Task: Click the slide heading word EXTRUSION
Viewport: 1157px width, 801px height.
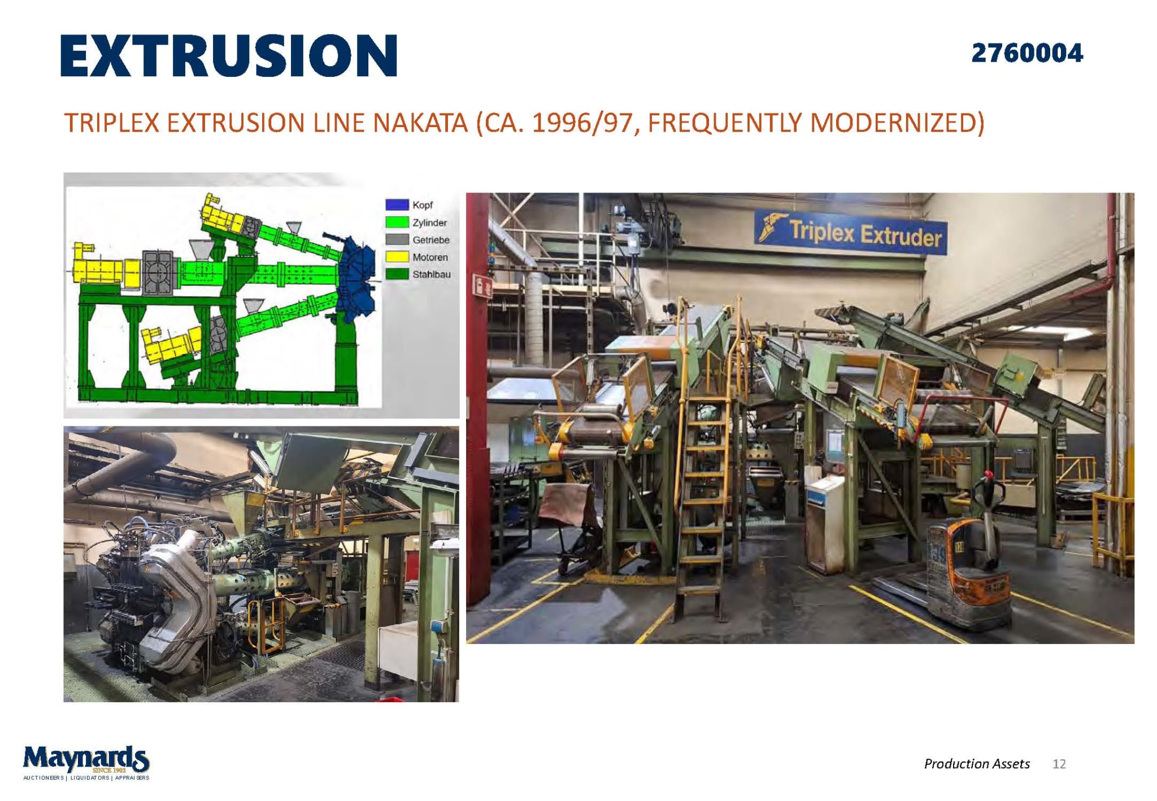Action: pos(229,55)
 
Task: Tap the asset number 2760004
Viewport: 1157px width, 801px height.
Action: pos(1027,53)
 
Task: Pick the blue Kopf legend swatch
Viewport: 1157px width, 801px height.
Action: pos(397,204)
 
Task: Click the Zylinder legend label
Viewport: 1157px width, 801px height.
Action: pos(429,223)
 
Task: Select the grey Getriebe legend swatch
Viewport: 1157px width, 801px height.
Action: pos(397,240)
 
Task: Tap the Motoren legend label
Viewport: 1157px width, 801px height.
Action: pos(430,257)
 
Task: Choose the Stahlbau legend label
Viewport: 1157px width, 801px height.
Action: pos(431,275)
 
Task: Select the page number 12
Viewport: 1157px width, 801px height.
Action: pos(1059,764)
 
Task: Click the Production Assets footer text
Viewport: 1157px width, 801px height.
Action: pos(977,764)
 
